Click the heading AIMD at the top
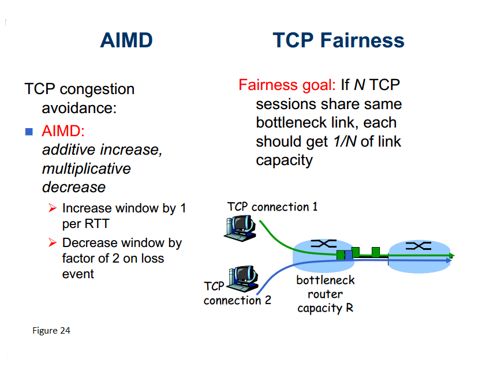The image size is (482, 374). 126,40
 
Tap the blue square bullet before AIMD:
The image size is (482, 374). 29,132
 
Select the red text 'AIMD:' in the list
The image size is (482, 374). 63,131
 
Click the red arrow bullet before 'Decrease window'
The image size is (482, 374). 52,242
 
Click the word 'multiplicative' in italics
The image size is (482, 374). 87,169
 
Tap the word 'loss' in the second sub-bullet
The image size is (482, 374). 150,258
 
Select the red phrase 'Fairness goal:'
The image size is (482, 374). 287,85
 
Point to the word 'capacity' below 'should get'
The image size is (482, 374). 284,160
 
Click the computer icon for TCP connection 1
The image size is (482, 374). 240,226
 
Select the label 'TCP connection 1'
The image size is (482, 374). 272,207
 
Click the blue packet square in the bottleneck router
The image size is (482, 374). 348,255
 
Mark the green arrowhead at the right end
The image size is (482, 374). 451,255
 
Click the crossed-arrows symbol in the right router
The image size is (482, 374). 418,246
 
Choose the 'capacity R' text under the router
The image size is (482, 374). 325,308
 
